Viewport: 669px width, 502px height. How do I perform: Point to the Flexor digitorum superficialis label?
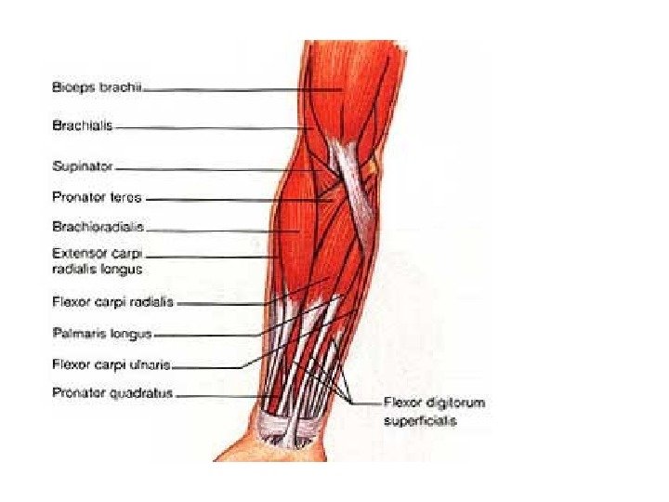tap(434, 412)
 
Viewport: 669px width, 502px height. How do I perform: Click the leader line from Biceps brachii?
tap(242, 90)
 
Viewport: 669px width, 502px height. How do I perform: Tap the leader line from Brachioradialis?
tap(223, 230)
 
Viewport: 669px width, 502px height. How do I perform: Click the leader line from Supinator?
tap(214, 168)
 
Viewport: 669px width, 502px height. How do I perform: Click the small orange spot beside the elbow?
tap(373, 167)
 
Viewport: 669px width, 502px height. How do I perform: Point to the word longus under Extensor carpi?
tap(123, 270)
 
